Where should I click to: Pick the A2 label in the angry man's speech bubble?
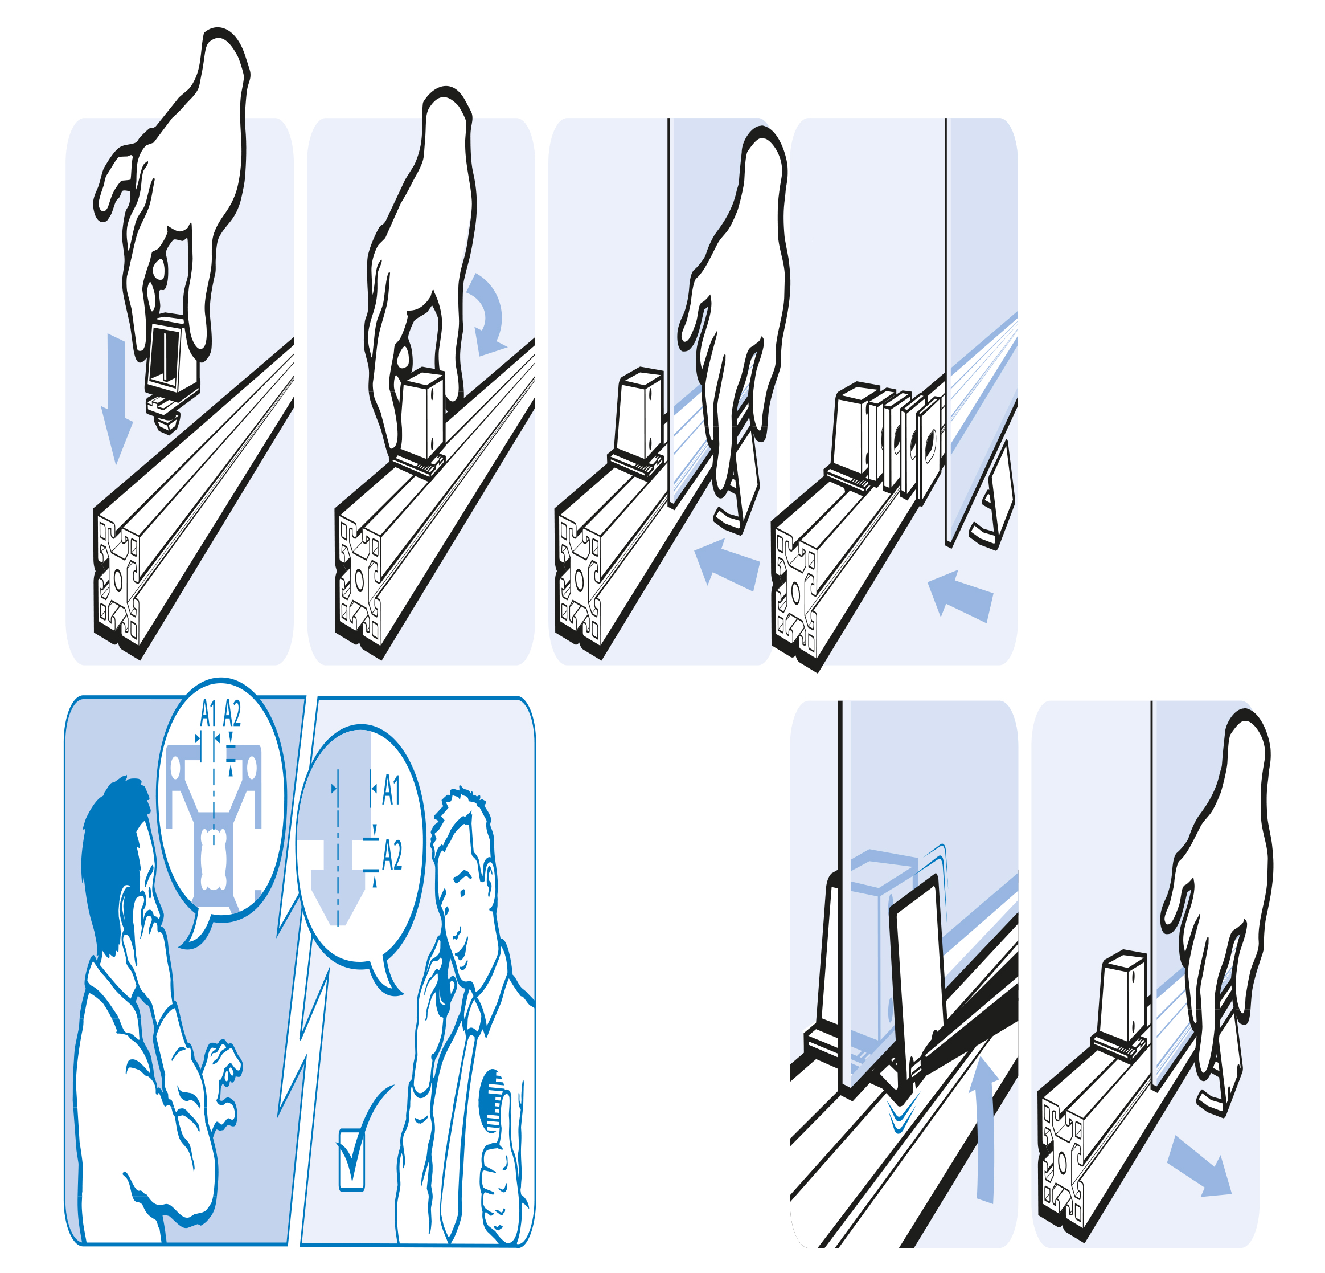point(232,713)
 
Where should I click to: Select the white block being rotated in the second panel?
point(422,413)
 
